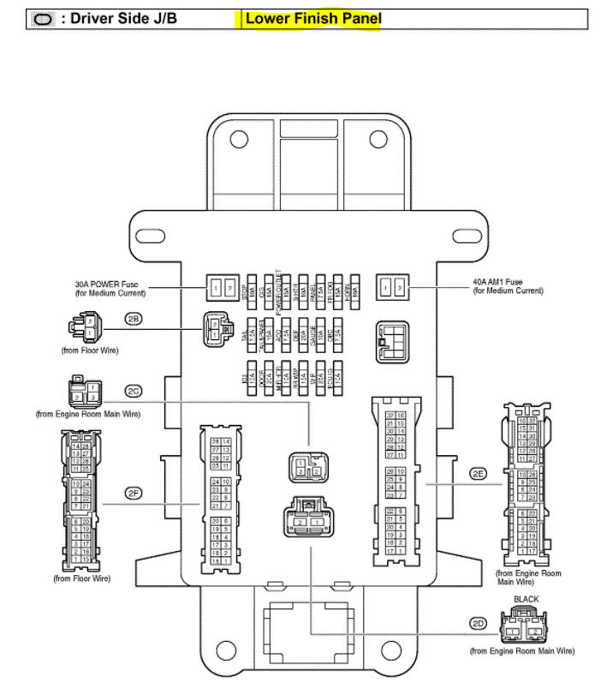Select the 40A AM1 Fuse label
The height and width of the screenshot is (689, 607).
click(x=508, y=286)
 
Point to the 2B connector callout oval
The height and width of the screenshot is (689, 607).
click(x=134, y=319)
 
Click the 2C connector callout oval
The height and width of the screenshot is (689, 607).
click(x=134, y=390)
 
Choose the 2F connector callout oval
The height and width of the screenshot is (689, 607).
click(x=133, y=492)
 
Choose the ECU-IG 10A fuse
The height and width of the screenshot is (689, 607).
click(x=339, y=374)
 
